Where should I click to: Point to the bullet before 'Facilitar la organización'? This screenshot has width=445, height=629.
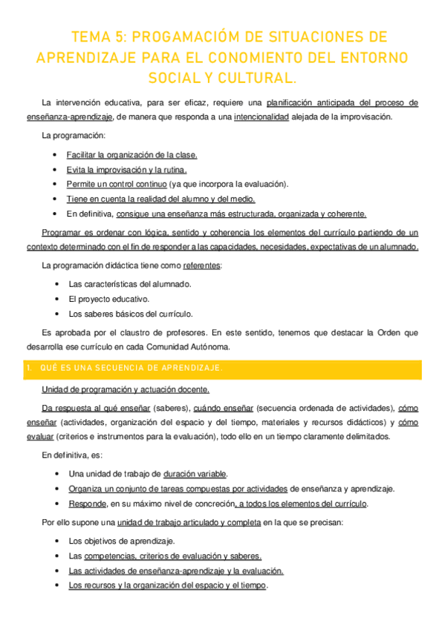[x=57, y=155]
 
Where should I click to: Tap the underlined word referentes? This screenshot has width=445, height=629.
[x=201, y=265]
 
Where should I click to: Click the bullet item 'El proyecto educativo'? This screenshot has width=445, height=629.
[x=108, y=299]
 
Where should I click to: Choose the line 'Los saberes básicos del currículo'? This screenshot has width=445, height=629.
[x=131, y=314]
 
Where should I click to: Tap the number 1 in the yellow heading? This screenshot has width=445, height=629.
[x=28, y=369]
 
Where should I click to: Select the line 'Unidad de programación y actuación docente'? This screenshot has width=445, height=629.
[x=126, y=389]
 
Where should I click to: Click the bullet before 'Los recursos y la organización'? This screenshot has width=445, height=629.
[x=57, y=585]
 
